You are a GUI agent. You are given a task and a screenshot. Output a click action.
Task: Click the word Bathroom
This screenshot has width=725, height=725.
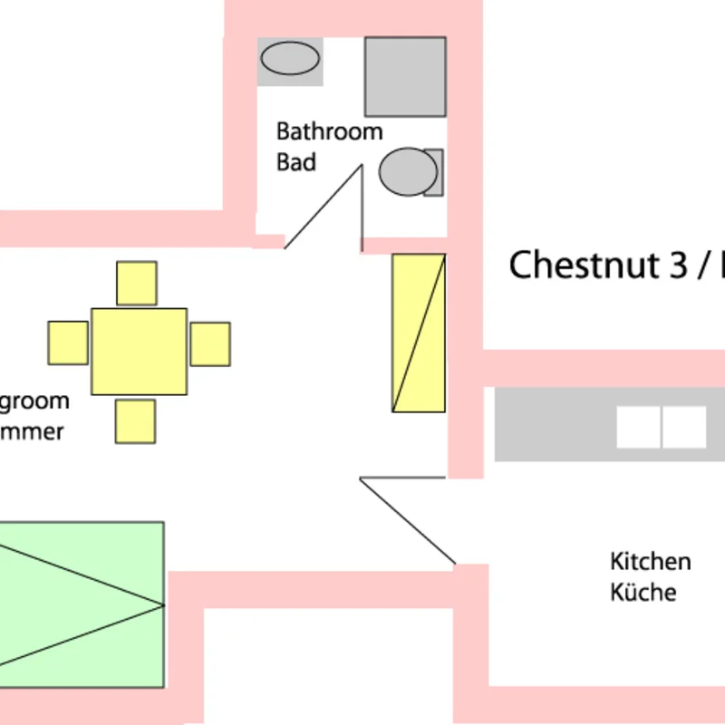[x=329, y=131]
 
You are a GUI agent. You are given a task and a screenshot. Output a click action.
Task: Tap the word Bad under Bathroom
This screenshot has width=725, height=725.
[x=296, y=162]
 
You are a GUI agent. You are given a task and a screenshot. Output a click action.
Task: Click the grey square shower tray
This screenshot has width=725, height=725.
[x=405, y=77]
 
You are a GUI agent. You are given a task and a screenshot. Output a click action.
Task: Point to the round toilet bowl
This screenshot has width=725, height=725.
[x=407, y=172]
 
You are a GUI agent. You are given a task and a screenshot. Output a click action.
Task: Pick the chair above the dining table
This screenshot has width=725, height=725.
[x=137, y=284]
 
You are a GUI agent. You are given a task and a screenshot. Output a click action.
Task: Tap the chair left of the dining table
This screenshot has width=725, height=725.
[x=68, y=343]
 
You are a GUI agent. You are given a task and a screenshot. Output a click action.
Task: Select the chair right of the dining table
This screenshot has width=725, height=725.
[x=210, y=344]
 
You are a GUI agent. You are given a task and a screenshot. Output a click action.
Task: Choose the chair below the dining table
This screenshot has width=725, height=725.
[x=136, y=420]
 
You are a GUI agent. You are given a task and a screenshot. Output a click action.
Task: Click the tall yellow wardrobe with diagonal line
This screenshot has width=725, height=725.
[x=419, y=333]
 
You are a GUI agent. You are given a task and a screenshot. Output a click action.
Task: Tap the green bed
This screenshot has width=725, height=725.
[x=82, y=604]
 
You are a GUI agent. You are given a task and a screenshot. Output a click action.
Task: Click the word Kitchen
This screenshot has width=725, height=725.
[x=650, y=561]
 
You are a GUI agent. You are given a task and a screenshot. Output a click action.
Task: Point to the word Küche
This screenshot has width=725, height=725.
[x=643, y=593]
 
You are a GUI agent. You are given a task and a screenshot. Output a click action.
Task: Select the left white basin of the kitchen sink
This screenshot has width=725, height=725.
[x=638, y=427]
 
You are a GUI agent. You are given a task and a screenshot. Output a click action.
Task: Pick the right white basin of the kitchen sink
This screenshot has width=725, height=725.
[x=684, y=427]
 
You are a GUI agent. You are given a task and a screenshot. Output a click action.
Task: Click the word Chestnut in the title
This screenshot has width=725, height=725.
[x=583, y=266]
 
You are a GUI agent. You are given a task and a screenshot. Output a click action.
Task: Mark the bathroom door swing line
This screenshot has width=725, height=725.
[x=324, y=207]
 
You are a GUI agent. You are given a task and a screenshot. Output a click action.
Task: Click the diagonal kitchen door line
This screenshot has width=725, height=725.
[x=407, y=520]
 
